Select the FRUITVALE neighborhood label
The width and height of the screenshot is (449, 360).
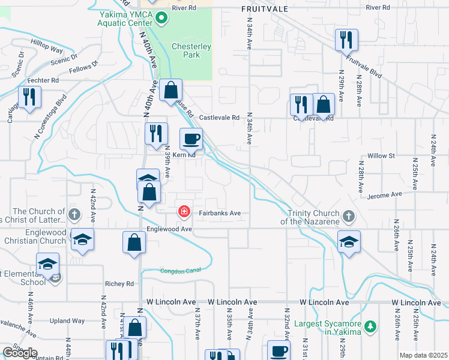265,9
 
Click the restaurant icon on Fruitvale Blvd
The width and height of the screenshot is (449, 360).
346,40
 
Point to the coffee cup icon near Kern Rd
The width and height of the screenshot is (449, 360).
191,139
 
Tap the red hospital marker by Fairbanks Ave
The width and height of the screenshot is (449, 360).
184,211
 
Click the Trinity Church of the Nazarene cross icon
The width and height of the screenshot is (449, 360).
348,215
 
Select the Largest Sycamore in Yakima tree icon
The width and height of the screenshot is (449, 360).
371,326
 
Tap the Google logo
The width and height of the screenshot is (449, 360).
20,353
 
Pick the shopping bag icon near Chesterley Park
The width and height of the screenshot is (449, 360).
170,91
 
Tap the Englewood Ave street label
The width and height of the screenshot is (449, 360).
170,229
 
